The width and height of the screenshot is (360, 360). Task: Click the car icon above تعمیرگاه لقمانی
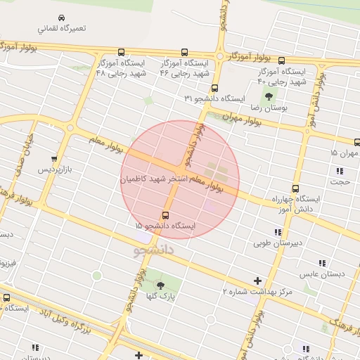pos(62,18)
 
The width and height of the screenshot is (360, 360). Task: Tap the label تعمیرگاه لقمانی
pos(63,30)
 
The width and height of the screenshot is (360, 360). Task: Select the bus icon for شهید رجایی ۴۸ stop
pos(122,52)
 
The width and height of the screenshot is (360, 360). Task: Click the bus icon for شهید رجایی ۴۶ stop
pos(185,52)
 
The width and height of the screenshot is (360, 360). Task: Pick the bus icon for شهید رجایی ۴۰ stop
pos(281,60)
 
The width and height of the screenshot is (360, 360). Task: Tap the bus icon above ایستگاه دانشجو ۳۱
pos(214,89)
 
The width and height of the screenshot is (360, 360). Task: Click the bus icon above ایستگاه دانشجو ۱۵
pos(165,215)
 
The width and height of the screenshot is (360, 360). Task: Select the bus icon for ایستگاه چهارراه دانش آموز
pos(295,188)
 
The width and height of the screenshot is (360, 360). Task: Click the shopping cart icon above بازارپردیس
pos(54,158)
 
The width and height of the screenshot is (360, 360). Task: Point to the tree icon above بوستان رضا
pos(269,96)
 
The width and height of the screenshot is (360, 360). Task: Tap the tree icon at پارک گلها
pos(161,285)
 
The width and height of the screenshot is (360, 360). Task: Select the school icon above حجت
pos(340,171)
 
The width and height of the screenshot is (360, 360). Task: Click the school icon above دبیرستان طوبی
pos(278,232)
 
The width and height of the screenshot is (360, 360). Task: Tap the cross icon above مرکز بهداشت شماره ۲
pos(257,279)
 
